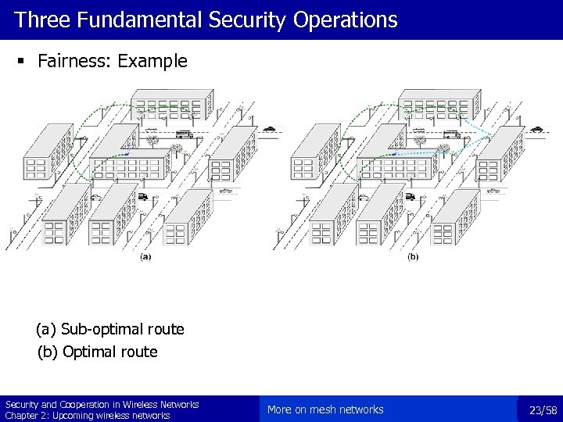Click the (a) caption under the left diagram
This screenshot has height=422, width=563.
145,257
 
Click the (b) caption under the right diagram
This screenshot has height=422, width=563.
412,257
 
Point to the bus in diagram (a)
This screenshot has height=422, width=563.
183,134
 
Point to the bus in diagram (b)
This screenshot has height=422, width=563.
450,134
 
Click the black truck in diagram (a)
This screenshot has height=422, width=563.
143,197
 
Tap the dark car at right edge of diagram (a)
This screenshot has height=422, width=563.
270,128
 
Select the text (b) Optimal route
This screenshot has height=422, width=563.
98,352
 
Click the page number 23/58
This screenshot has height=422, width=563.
543,410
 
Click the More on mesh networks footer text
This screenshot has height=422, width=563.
325,410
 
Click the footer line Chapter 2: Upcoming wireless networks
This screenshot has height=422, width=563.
88,416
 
